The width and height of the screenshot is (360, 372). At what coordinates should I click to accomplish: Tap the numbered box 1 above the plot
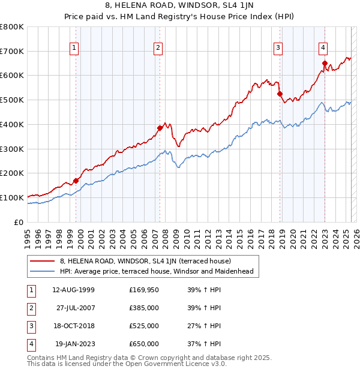point(73,49)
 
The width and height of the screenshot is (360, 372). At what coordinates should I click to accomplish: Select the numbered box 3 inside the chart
point(278,49)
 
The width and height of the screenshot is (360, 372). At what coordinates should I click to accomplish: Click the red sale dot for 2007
point(160,128)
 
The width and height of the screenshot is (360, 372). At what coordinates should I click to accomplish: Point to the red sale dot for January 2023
point(325,63)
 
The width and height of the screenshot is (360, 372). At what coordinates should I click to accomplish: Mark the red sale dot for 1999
point(76,180)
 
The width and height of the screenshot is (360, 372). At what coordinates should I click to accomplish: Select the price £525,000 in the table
point(144,326)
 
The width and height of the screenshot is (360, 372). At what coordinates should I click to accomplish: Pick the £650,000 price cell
point(144,344)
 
